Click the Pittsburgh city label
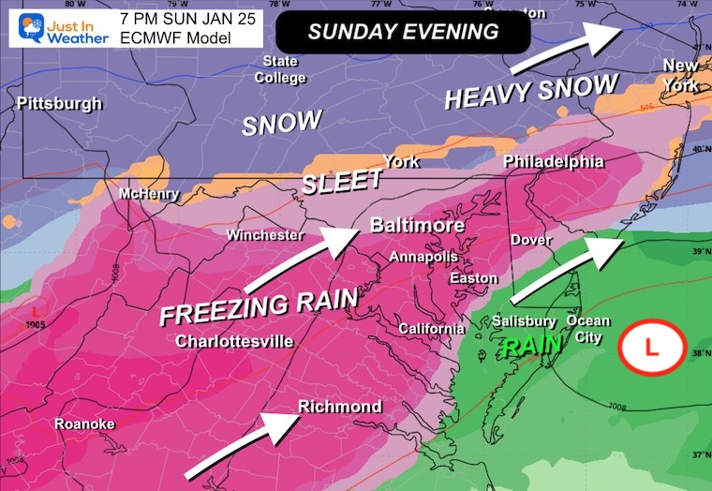point(59,104)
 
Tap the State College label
point(280,70)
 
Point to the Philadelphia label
point(554,162)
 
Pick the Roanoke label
point(84,424)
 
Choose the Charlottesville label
point(234,341)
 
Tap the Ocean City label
point(588,329)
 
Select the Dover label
point(529,241)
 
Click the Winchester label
point(265,235)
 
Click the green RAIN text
point(531,347)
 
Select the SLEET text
point(342,181)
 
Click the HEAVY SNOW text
point(530,92)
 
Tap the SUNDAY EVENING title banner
point(403,32)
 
